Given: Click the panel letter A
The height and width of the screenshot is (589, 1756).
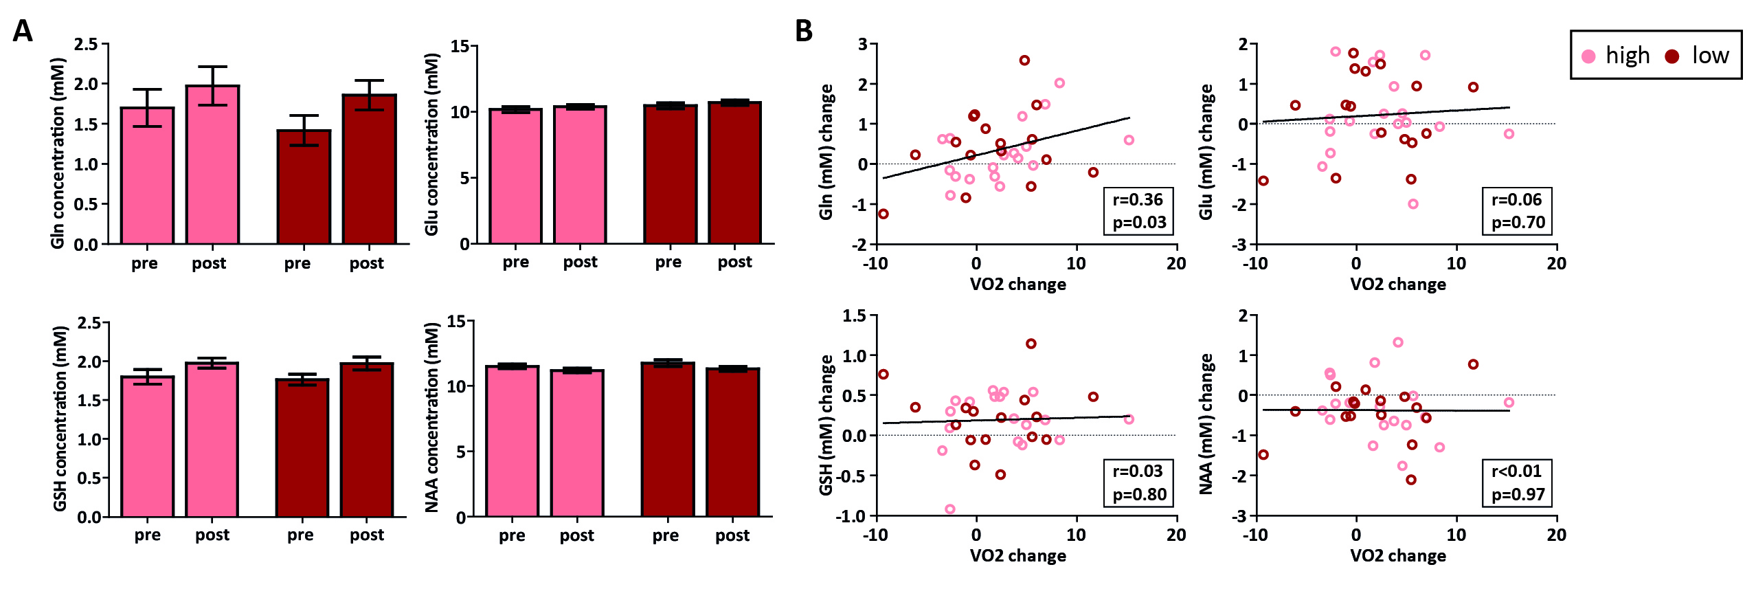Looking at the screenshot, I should [x=23, y=32].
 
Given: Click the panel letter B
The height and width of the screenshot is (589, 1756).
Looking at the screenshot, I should [x=803, y=32].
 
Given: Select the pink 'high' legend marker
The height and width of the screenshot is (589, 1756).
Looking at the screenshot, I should [x=1589, y=56].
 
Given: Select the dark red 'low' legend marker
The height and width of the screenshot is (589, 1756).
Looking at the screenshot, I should [x=1672, y=56].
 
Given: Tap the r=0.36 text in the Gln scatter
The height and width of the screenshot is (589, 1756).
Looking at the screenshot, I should [x=1138, y=200].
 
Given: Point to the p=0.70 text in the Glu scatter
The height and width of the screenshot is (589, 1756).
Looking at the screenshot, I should [x=1518, y=223].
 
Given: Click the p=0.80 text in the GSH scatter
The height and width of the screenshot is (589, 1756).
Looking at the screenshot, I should [x=1139, y=495].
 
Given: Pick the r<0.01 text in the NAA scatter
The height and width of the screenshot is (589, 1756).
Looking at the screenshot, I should [x=1516, y=471].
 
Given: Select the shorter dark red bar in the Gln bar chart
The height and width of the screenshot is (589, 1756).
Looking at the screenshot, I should [x=304, y=186].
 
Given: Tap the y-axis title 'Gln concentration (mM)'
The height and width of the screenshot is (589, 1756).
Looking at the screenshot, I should [x=58, y=153].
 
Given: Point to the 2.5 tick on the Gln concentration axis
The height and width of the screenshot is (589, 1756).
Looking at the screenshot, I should [x=87, y=45].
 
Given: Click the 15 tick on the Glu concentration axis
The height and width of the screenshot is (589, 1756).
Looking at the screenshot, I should [x=460, y=46].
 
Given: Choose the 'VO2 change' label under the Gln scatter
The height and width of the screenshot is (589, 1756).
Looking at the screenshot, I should [x=1017, y=285].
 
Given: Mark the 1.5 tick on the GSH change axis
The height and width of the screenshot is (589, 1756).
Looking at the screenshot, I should [x=854, y=316].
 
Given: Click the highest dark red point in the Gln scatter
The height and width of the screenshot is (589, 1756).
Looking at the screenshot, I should [x=1024, y=60].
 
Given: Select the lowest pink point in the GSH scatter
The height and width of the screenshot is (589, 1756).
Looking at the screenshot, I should [x=950, y=509].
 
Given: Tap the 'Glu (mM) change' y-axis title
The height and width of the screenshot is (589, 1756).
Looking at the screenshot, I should [x=1206, y=153].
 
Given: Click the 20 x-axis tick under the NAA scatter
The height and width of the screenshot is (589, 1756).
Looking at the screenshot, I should [x=1556, y=535].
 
